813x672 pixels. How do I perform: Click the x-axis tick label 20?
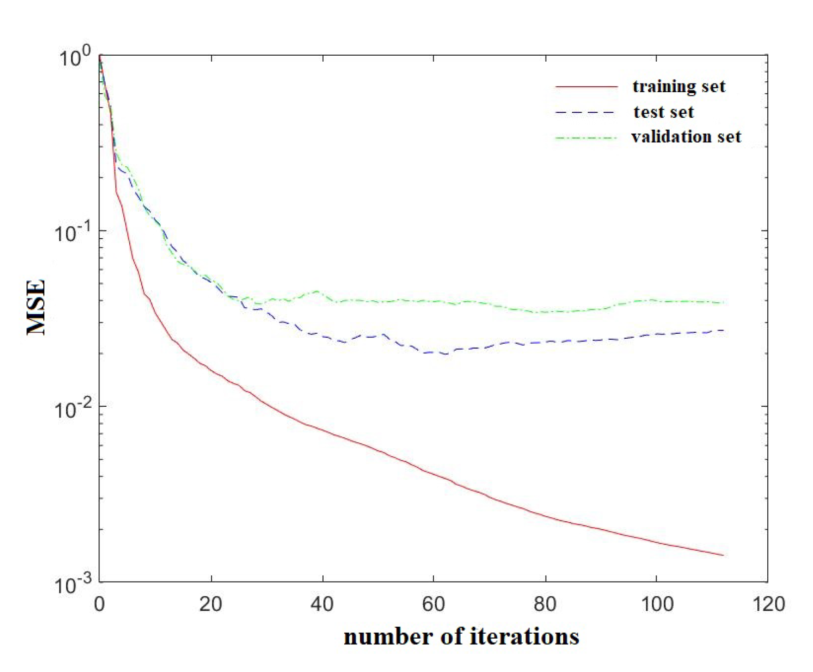[x=210, y=604]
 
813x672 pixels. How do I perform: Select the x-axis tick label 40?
[x=322, y=604]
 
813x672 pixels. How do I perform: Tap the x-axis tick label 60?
[x=433, y=604]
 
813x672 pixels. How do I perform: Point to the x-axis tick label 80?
[x=545, y=604]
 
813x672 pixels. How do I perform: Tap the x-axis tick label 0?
[x=99, y=604]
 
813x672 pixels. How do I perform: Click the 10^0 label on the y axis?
[x=75, y=58]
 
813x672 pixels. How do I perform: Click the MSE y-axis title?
[x=37, y=307]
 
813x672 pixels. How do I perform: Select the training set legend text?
[x=679, y=87]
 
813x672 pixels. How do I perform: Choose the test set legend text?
[x=663, y=112]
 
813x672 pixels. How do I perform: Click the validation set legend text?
[x=686, y=137]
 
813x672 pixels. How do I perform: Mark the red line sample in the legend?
[x=587, y=87]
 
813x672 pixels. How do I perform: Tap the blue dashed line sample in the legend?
[x=586, y=112]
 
